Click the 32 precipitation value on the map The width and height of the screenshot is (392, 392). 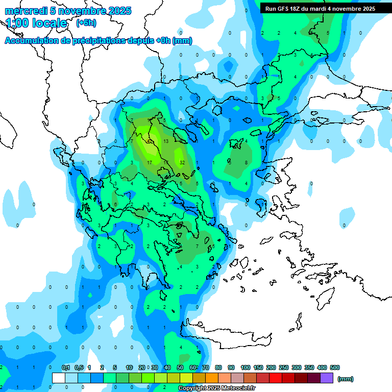click(182, 162)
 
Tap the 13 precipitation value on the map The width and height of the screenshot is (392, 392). click(166, 141)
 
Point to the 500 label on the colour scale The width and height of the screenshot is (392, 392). click(335, 367)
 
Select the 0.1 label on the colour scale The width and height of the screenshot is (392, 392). click(66, 367)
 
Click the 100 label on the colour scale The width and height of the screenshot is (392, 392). click(246, 367)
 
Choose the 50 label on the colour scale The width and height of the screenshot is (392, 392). click(180, 367)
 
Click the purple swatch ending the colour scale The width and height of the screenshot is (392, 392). click(327, 378)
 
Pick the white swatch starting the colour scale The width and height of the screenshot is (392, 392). click(59, 378)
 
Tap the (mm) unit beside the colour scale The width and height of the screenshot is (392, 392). click(346, 379)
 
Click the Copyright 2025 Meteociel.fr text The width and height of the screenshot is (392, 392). click(217, 388)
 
